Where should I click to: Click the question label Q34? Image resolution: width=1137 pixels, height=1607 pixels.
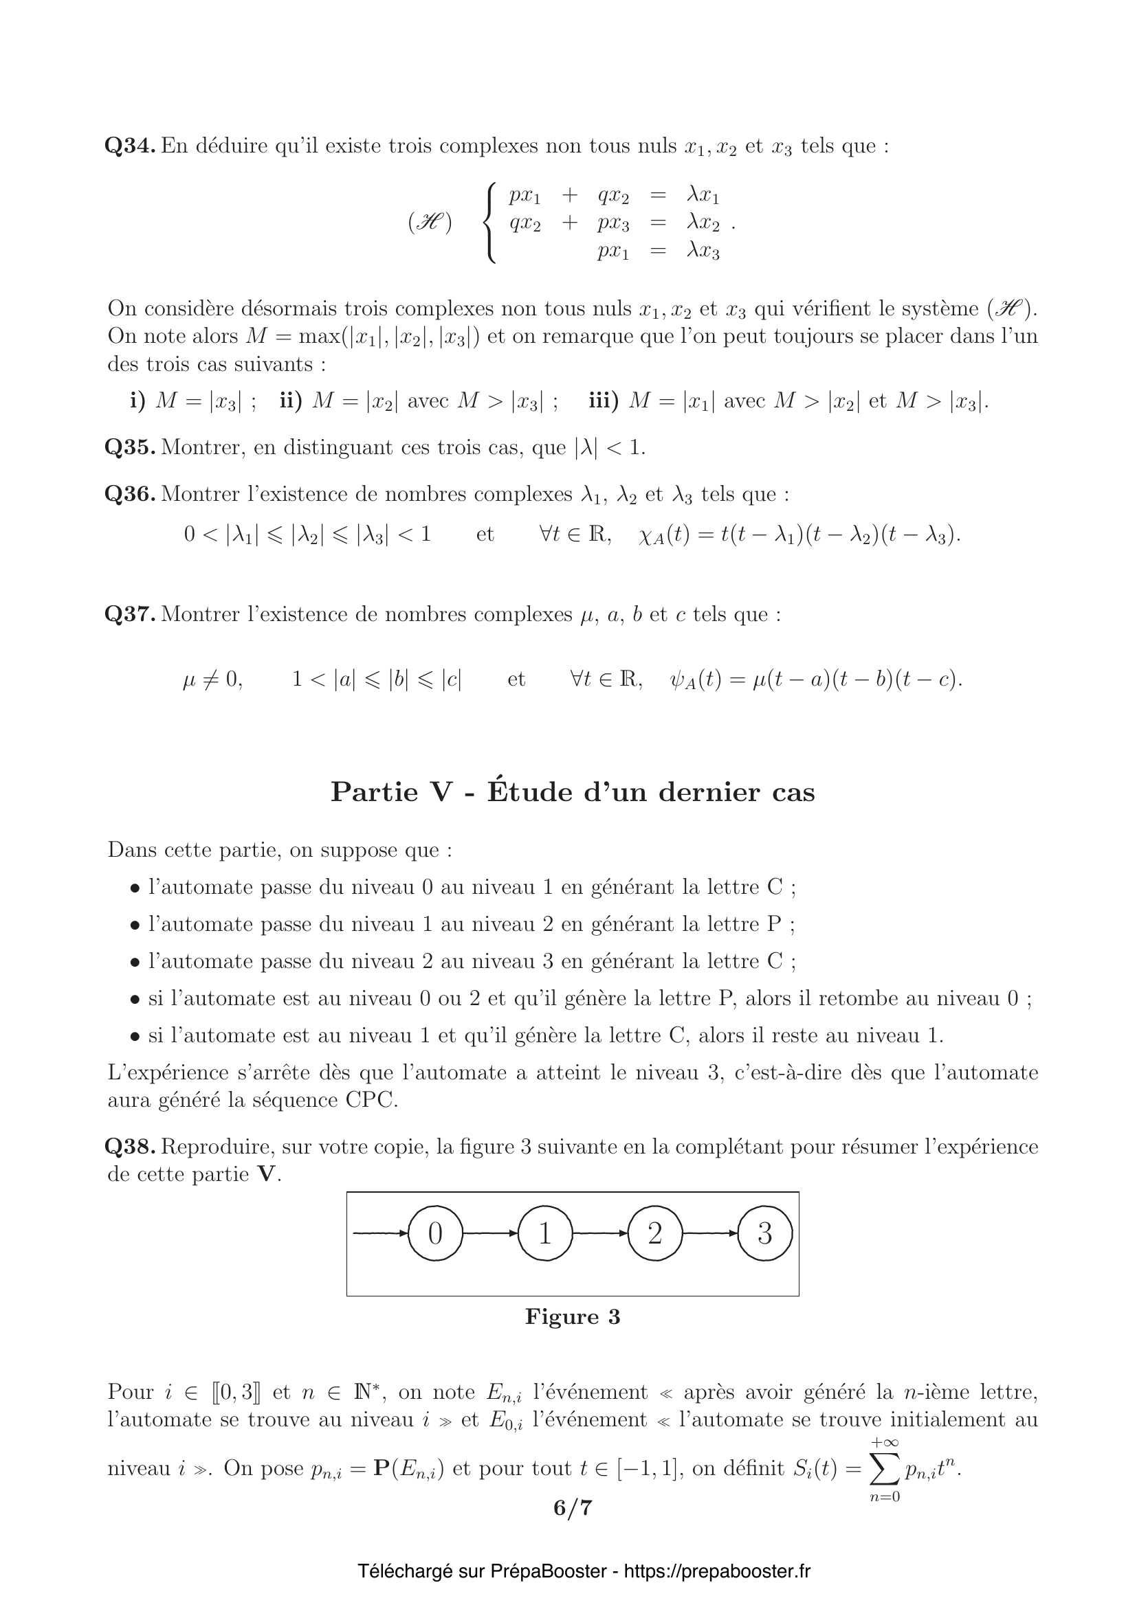[130, 146]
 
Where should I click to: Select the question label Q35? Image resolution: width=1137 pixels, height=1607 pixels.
[130, 447]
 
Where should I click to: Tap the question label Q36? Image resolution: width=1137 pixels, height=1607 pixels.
[130, 494]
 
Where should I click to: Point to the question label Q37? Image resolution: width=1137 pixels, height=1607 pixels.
[130, 614]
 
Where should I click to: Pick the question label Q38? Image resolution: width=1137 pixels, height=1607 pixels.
[130, 1147]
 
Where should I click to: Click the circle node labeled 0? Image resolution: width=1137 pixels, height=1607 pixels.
[434, 1233]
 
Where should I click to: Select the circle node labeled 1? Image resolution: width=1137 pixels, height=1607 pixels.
[544, 1233]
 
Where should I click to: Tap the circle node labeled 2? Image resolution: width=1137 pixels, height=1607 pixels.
[654, 1233]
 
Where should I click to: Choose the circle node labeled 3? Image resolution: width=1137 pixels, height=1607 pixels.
[764, 1233]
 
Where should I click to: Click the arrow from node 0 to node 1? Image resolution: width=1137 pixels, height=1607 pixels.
[490, 1233]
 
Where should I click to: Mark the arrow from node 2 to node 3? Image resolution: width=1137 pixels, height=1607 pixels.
[710, 1233]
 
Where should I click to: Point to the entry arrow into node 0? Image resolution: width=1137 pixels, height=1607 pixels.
[380, 1233]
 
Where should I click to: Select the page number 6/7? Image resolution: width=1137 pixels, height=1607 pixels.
[573, 1507]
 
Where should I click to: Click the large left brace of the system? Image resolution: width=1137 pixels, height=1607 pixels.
[491, 223]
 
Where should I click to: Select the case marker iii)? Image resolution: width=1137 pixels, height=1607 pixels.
[604, 401]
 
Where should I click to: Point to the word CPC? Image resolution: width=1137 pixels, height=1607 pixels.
[371, 1099]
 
